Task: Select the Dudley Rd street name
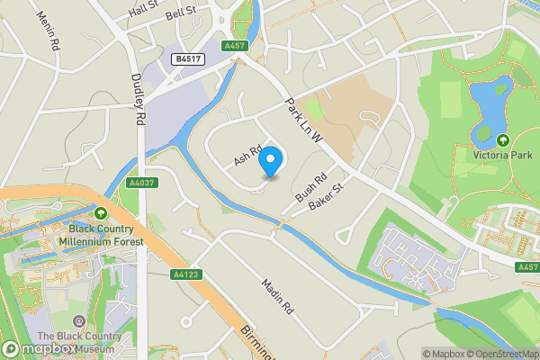point(139,99)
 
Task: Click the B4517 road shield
point(187,58)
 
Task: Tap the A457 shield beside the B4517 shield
point(236,45)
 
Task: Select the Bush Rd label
point(309,187)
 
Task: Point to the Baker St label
point(326,199)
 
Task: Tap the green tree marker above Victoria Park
point(503,141)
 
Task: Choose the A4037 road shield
point(142,183)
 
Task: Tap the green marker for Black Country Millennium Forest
point(101,213)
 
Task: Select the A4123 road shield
point(185,274)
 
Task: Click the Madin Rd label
point(278,295)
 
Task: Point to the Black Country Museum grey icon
point(78,321)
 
